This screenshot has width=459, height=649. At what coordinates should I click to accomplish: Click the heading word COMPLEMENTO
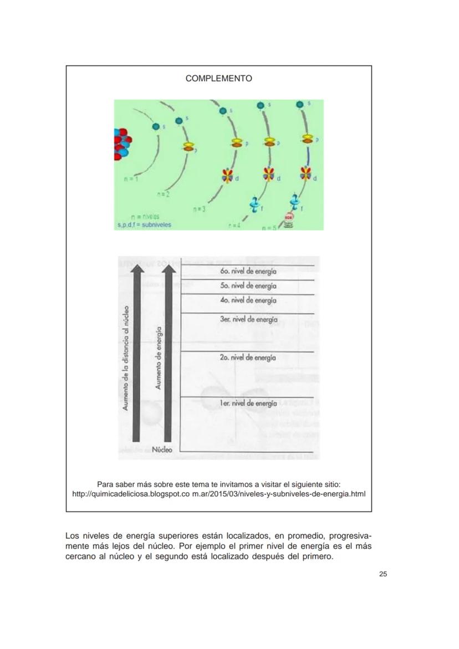pyautogui.click(x=218, y=79)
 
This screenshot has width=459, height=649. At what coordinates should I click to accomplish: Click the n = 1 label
pyautogui.click(x=132, y=180)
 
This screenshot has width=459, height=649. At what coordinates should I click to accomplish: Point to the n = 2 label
pyautogui.click(x=163, y=195)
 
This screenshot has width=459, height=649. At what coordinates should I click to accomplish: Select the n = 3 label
pyautogui.click(x=200, y=209)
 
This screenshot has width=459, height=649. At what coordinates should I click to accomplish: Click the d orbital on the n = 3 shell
pyautogui.click(x=227, y=176)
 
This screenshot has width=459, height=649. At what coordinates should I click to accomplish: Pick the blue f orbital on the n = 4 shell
pyautogui.click(x=254, y=205)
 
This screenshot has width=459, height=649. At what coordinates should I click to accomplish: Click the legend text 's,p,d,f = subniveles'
pyautogui.click(x=144, y=225)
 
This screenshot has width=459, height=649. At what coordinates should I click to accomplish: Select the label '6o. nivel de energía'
pyautogui.click(x=248, y=272)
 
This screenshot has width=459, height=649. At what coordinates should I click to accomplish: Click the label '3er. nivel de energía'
pyautogui.click(x=248, y=319)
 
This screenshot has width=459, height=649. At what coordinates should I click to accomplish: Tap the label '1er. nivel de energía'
pyautogui.click(x=248, y=403)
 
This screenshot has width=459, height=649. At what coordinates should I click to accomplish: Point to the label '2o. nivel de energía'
pyautogui.click(x=248, y=357)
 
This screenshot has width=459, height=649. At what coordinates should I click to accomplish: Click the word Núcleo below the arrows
pyautogui.click(x=162, y=449)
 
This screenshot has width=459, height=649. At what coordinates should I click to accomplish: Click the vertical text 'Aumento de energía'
pyautogui.click(x=159, y=358)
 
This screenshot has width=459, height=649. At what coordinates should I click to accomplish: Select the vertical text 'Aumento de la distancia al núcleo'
pyautogui.click(x=126, y=358)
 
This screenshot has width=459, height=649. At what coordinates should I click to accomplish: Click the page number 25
pyautogui.click(x=383, y=574)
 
